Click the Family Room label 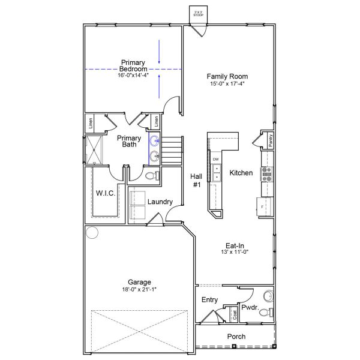click(227, 76)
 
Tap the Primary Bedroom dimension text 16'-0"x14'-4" click(133, 75)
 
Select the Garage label click(139, 282)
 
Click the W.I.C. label click(106, 193)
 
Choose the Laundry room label click(160, 202)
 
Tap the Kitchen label click(241, 173)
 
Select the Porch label click(236, 337)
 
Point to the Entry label click(209, 299)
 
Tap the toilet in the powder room click(268, 296)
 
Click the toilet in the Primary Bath click(151, 176)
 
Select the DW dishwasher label click(215, 159)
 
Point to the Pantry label click(271, 140)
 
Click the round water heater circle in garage click(92, 232)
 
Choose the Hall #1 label click(196, 181)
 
